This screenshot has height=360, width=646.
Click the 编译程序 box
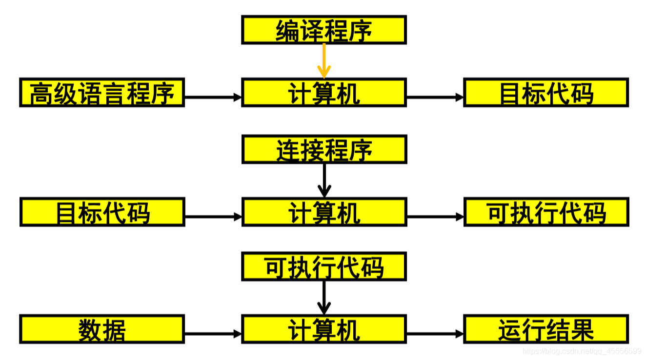point(324,30)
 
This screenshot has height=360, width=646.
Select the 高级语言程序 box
point(102,92)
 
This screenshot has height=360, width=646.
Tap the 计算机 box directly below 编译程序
point(324,92)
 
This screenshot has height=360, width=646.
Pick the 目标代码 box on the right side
point(546,92)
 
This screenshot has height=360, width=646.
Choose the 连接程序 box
point(324,150)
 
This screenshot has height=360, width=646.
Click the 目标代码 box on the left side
point(102,212)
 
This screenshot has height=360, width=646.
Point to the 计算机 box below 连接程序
point(324,212)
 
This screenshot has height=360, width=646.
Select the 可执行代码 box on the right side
point(546,212)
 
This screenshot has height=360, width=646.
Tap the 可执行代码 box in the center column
point(324,266)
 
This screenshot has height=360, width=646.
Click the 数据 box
point(102,329)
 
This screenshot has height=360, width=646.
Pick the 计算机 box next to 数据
point(324,329)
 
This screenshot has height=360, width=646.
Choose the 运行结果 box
point(546,329)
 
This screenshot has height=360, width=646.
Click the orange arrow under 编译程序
point(324,60)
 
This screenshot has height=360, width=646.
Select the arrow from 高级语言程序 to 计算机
point(213,97)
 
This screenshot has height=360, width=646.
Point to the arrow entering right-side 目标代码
point(435,97)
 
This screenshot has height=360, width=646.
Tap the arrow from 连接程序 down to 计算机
point(324,180)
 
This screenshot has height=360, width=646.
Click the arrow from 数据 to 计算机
point(213,334)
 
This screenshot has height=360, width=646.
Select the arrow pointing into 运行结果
point(435,334)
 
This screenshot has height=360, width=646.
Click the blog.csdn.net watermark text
point(582,351)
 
